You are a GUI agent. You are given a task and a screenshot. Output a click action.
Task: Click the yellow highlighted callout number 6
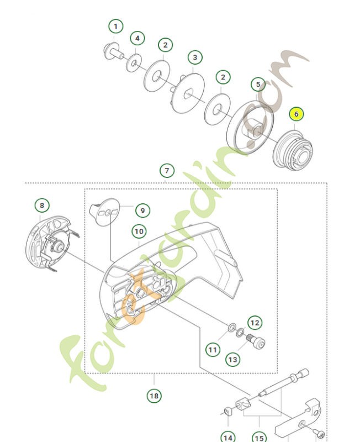(x=296, y=114)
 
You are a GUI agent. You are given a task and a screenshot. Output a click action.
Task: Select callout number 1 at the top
(x=115, y=27)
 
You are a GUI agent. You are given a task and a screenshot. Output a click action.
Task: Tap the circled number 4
(x=137, y=39)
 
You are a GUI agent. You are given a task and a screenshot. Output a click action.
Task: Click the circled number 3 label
(x=194, y=57)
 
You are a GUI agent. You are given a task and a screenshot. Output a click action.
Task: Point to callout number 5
(x=258, y=85)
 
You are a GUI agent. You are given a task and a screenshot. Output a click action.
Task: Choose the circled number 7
(x=166, y=170)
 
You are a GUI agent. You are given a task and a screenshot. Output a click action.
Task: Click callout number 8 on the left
(x=42, y=206)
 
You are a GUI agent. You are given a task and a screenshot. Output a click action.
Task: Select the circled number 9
(x=142, y=210)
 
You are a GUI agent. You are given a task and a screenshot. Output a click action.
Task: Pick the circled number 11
(x=213, y=349)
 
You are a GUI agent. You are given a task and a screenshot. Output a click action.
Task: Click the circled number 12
(x=255, y=322)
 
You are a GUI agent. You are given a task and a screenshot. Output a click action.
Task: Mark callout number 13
(x=233, y=359)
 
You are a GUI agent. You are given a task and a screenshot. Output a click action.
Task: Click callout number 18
(x=154, y=396)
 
